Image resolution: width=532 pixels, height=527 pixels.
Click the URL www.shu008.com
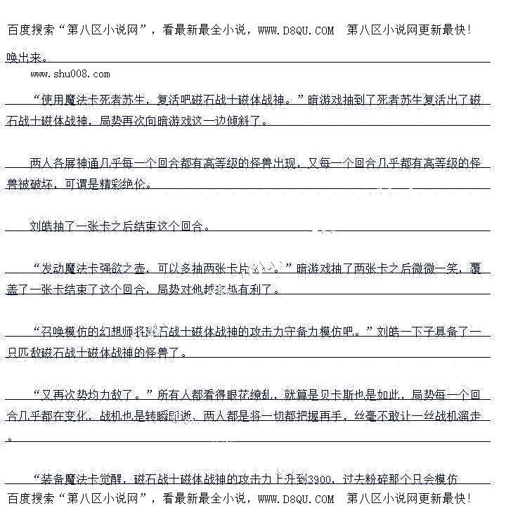click(x=70, y=74)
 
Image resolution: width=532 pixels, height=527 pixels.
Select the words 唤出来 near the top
click(x=24, y=58)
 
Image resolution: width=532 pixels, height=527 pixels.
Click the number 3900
click(x=320, y=480)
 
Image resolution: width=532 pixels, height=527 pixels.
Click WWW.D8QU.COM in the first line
click(x=296, y=30)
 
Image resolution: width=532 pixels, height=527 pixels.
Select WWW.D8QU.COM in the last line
click(x=296, y=499)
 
